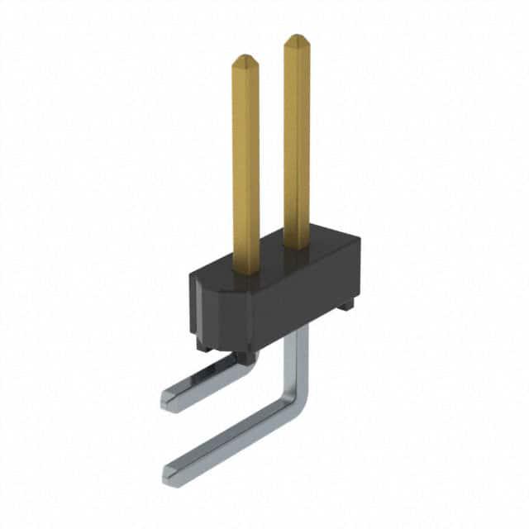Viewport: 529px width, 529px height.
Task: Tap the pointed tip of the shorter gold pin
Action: pyautogui.click(x=245, y=59)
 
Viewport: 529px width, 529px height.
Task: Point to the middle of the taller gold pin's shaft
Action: pyautogui.click(x=297, y=141)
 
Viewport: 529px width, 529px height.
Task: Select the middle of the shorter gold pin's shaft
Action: pyautogui.click(x=245, y=165)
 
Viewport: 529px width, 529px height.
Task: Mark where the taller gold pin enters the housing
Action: pyautogui.click(x=297, y=245)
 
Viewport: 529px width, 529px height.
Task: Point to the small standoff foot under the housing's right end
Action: pyautogui.click(x=346, y=304)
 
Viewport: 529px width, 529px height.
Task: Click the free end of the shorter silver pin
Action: pyautogui.click(x=169, y=400)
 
